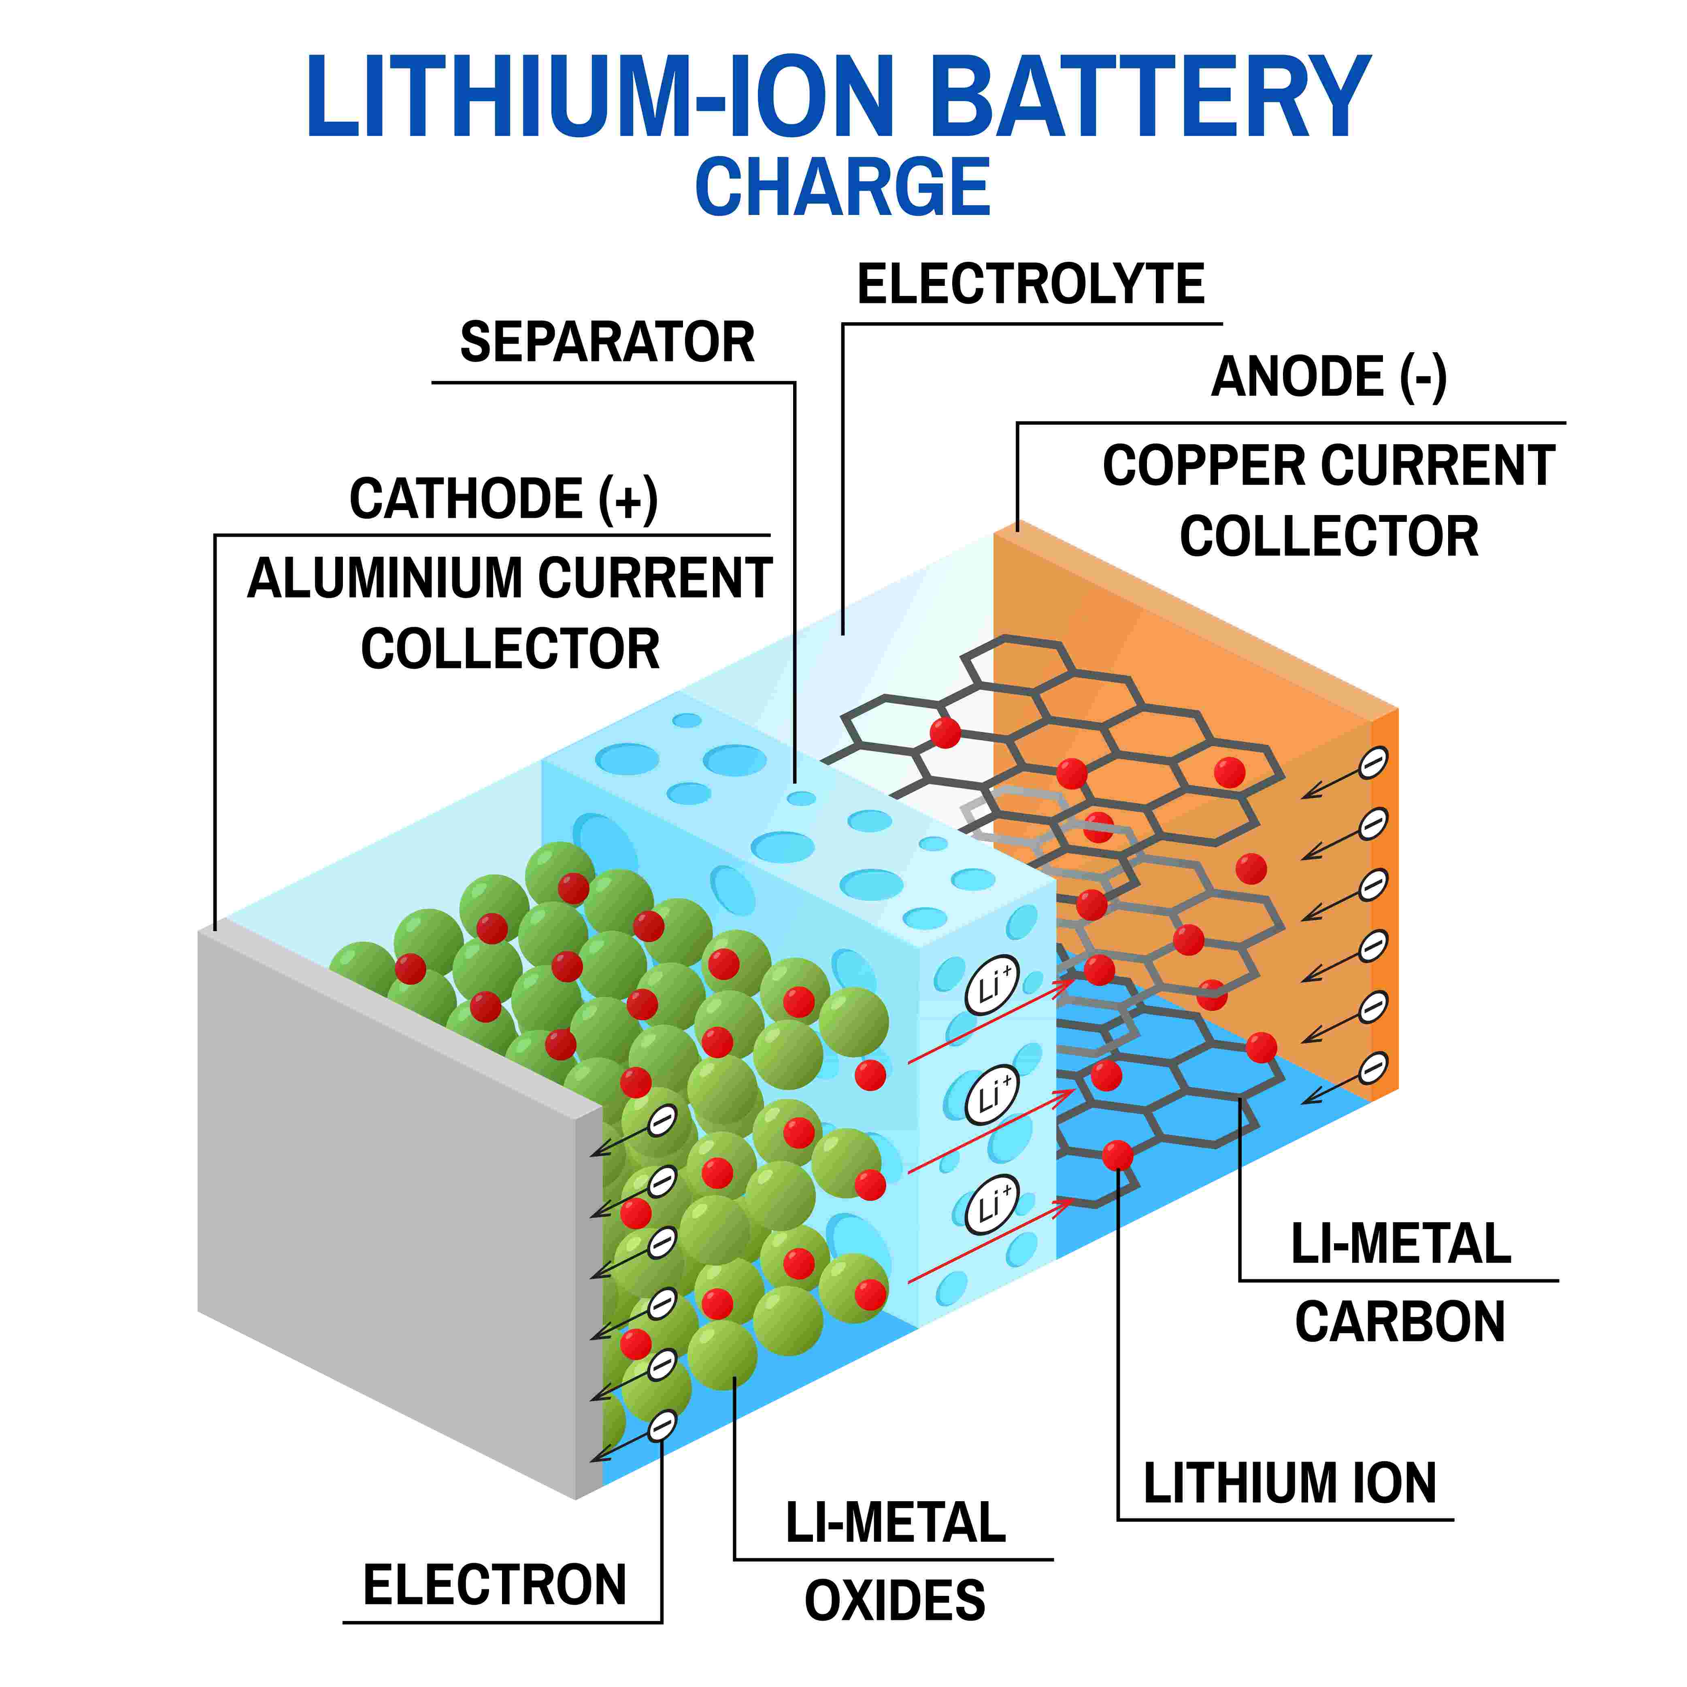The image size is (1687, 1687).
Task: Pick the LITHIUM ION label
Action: (1290, 1483)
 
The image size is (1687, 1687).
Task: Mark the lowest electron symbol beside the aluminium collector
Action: (662, 1426)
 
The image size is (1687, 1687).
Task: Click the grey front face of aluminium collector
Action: (384, 1214)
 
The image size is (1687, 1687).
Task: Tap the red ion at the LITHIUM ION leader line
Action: (1117, 1155)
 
